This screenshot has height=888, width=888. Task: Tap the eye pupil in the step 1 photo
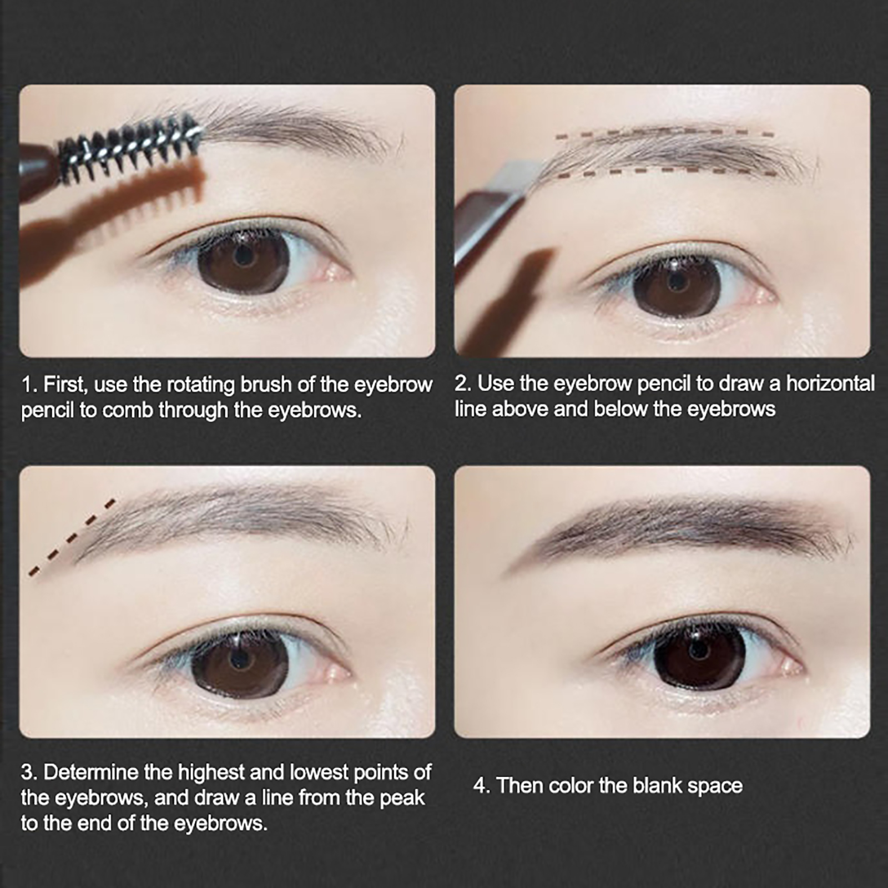point(243,256)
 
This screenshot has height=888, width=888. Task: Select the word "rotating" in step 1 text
point(201,385)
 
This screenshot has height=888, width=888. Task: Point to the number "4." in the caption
point(482,786)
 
